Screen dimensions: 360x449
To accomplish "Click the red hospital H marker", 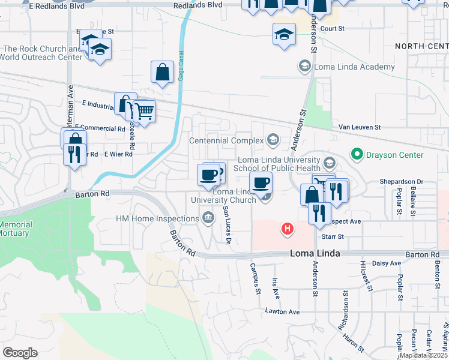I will coord(288,229).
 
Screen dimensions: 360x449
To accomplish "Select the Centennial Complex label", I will coord(226,140).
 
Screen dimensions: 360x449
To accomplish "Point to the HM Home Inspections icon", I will coord(208,217).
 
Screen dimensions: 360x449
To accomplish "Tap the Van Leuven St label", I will coord(360,127).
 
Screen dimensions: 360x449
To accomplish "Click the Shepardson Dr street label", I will coord(401,181).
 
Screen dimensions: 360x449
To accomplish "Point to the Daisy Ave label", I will coord(387,263).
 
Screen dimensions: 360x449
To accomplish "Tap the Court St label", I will coord(332,28).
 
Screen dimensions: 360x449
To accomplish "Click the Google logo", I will coord(20,352).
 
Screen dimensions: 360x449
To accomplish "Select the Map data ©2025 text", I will coord(424,355).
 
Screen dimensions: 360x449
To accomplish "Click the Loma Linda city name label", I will coord(315,253).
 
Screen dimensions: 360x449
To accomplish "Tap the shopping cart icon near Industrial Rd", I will coord(144,110).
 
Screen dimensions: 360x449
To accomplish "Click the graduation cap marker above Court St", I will coord(284,34).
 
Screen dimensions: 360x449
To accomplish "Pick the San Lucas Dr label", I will coord(227,224).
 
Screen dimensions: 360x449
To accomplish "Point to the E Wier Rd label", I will coord(118,154).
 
